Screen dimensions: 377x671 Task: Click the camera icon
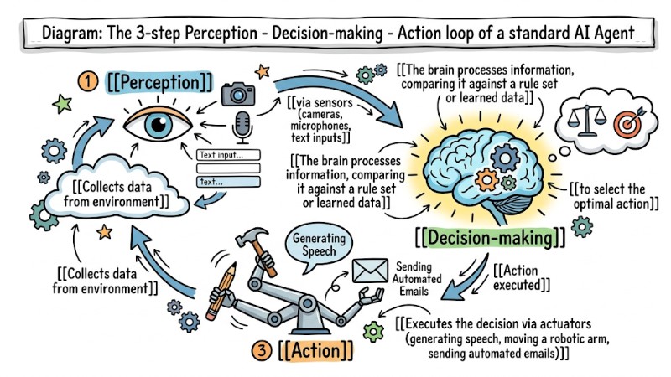pos(239,94)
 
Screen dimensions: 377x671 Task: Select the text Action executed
pos(521,277)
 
